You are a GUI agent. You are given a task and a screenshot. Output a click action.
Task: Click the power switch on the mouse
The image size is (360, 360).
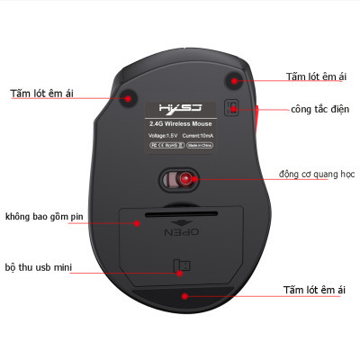232,109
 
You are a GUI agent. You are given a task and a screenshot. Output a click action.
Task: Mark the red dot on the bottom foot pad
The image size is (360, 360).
184,295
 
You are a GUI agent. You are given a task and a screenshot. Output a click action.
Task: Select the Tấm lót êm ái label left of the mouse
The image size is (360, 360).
40,92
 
